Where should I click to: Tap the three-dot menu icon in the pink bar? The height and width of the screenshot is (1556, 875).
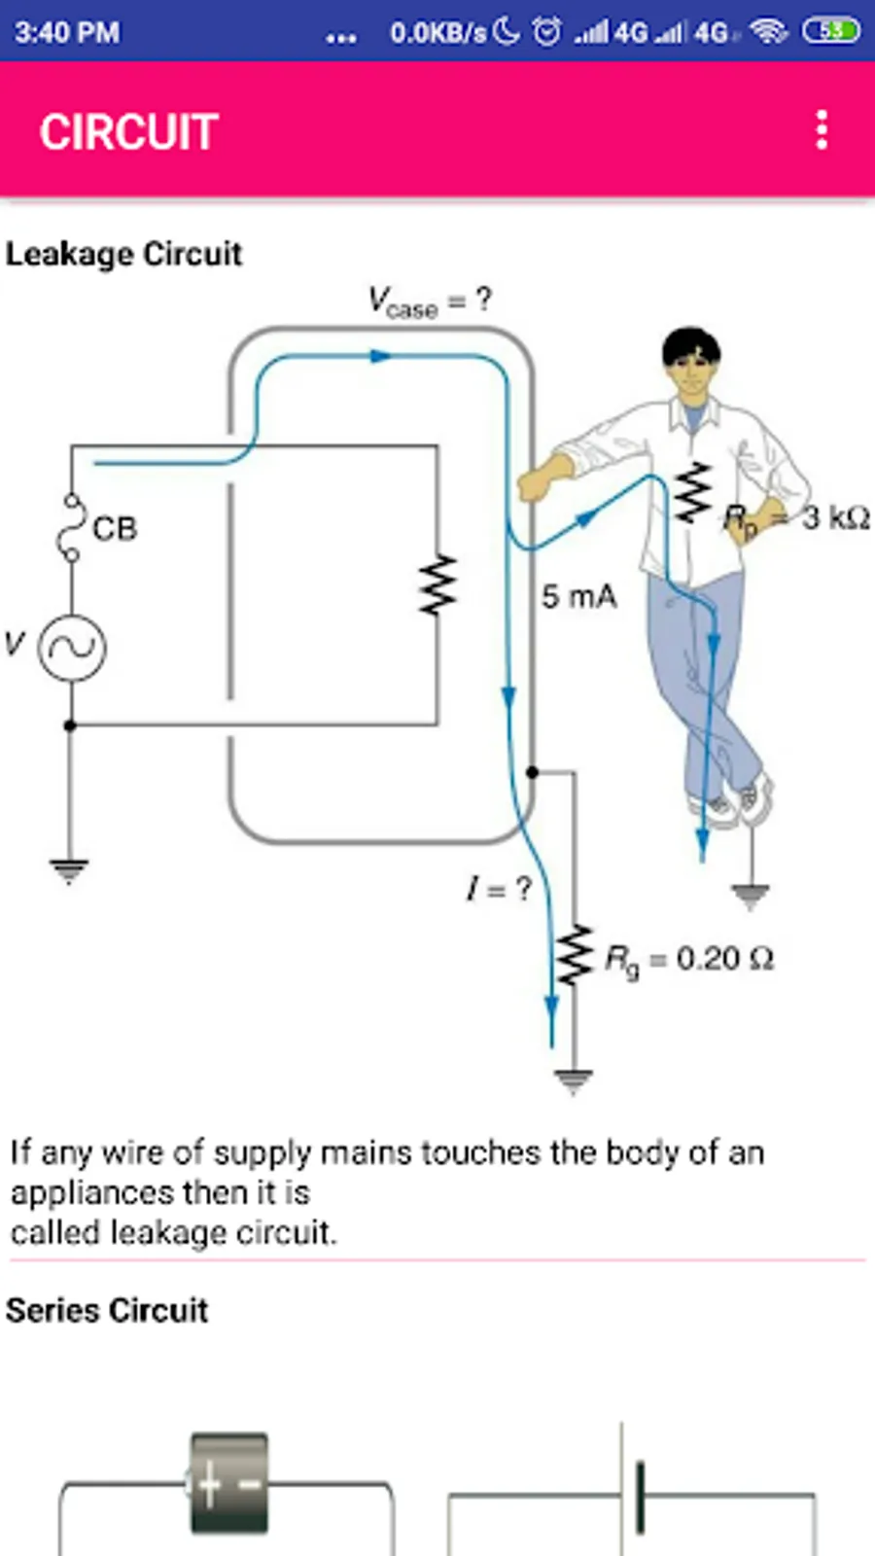click(822, 130)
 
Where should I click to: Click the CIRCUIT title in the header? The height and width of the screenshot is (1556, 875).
click(129, 132)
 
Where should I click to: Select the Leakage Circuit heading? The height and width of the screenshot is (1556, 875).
click(124, 254)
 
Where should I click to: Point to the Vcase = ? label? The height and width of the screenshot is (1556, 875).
click(429, 302)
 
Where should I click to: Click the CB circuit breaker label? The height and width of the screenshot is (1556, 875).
click(116, 529)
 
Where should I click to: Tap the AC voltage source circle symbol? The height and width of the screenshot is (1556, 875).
click(72, 648)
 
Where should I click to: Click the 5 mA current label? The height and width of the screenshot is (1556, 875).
click(579, 597)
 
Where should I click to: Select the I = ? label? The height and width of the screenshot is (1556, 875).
click(499, 889)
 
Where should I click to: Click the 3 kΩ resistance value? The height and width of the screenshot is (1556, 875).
click(836, 518)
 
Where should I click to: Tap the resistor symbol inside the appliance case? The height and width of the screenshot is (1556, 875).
click(438, 584)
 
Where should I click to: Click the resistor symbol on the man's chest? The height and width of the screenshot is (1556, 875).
click(694, 492)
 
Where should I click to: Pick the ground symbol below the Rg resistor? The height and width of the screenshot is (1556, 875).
click(574, 1081)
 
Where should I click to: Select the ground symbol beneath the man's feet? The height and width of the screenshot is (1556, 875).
click(750, 896)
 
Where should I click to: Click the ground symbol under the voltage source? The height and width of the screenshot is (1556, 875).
click(69, 871)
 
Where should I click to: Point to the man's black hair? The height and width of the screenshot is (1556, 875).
click(690, 346)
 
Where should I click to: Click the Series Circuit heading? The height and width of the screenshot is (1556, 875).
click(107, 1311)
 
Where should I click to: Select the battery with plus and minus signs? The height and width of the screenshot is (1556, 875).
click(229, 1482)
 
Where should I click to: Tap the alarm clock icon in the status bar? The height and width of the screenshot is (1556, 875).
click(547, 32)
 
